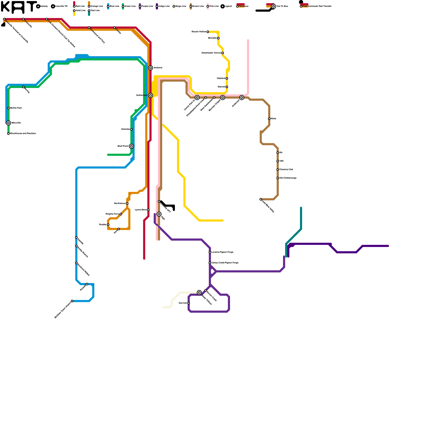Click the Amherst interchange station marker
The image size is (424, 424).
151,68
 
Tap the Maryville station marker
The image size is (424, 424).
8,123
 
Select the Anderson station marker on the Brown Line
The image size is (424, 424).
242,98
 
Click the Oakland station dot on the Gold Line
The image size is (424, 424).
227,78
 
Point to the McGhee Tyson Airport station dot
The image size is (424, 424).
72,301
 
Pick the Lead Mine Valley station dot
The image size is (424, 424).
261,199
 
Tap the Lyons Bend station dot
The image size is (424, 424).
148,210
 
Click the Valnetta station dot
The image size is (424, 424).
131,129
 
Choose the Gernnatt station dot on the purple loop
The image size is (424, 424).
189,303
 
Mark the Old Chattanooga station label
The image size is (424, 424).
288,178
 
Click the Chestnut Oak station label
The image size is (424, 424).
286,170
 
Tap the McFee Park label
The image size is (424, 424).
16,108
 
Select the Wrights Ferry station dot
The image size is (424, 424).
121,214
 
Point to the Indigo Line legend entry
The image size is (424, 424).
164,6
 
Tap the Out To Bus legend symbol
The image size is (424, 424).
273,6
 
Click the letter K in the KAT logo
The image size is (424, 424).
5,7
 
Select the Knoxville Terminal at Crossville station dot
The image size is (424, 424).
4,19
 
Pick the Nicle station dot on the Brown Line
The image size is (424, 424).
269,119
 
